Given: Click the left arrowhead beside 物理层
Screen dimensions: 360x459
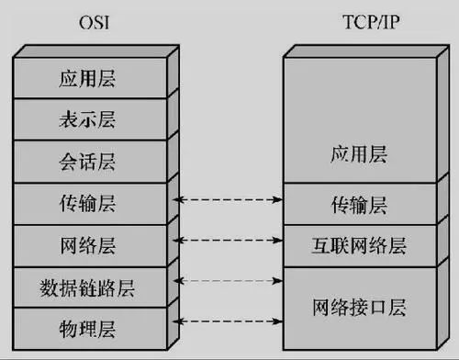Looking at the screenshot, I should pos(180,321).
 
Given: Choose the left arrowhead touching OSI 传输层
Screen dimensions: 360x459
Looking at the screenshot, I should pos(180,198).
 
